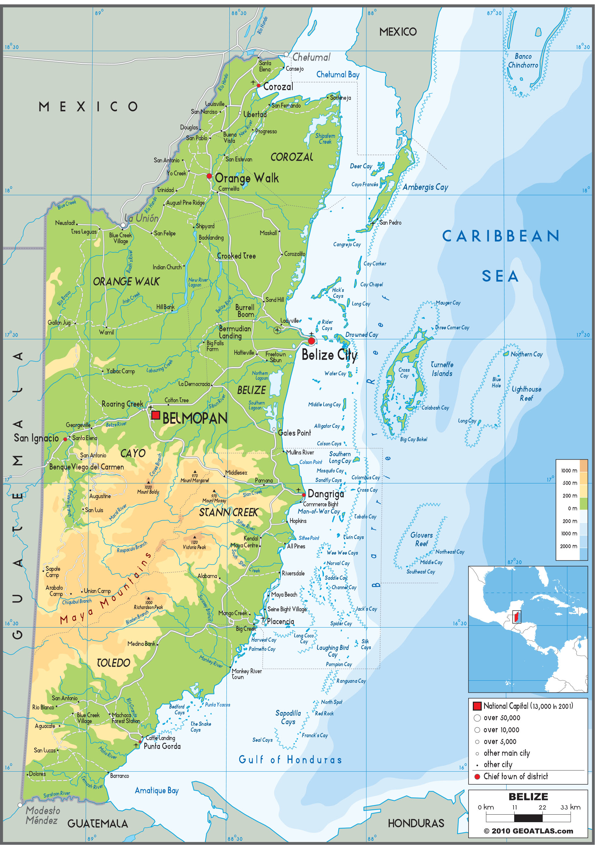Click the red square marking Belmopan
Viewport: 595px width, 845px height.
click(156, 415)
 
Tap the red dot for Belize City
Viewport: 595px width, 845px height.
click(311, 341)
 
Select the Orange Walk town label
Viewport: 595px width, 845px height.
click(247, 178)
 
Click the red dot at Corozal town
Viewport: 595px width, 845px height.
click(258, 85)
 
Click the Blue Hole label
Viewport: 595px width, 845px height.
click(496, 382)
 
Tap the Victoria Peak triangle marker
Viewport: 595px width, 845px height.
click(194, 537)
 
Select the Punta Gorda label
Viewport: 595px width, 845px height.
click(162, 746)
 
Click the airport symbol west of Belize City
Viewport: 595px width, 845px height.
click(277, 330)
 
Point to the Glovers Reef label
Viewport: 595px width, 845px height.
click(422, 539)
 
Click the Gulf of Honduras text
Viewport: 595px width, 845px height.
click(290, 759)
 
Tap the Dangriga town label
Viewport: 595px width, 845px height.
click(326, 494)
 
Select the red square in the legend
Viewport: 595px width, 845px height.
click(477, 705)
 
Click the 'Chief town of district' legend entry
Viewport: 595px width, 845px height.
click(515, 776)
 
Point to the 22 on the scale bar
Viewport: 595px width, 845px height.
click(542, 807)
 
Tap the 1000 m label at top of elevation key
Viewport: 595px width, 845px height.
click(569, 470)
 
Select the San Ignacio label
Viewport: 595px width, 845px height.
click(36, 438)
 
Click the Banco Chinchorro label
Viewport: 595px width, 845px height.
click(523, 61)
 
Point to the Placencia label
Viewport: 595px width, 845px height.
click(280, 621)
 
